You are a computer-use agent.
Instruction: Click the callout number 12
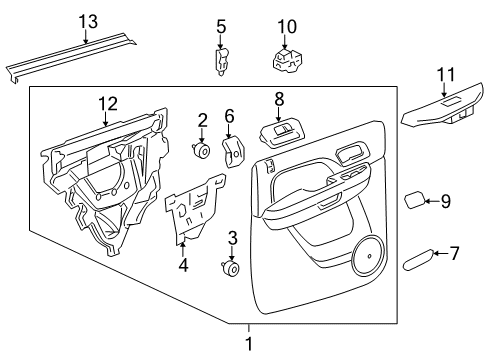click(x=107, y=103)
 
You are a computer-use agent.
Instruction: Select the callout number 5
click(x=221, y=25)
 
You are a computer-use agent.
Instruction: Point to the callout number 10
click(x=286, y=25)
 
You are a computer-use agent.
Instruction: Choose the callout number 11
click(x=446, y=73)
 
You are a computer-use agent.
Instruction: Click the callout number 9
click(x=445, y=201)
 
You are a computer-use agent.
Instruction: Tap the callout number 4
click(x=183, y=265)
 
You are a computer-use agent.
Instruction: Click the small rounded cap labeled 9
click(x=414, y=200)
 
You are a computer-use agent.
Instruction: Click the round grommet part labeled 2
click(x=201, y=151)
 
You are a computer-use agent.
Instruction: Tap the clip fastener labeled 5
click(x=221, y=62)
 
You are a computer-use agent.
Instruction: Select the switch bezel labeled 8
click(x=280, y=131)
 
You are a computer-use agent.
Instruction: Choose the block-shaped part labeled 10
click(x=286, y=60)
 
